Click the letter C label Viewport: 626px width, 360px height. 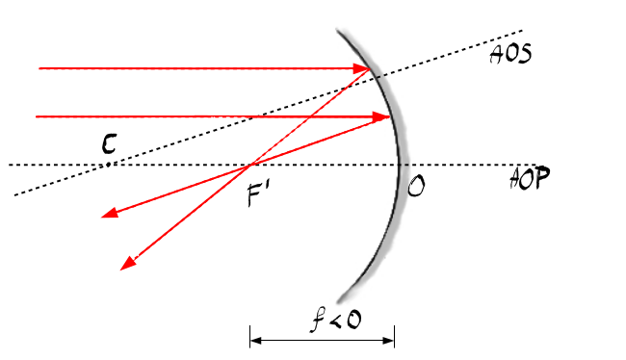[x=109, y=144]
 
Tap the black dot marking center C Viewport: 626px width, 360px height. [x=108, y=164]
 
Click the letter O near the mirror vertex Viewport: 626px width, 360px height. [x=416, y=187]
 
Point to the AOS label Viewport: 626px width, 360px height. [x=510, y=54]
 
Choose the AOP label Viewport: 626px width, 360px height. [x=530, y=178]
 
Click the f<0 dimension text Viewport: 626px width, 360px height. [x=336, y=319]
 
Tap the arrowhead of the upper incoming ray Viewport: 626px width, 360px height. [x=362, y=68]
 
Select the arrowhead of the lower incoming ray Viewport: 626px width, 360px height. [x=380, y=116]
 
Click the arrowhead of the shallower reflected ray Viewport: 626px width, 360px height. [x=110, y=213]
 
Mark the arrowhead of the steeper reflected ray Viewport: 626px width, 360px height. [x=128, y=264]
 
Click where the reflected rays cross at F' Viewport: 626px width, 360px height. [x=250, y=164]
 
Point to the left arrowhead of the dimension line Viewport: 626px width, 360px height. [x=255, y=341]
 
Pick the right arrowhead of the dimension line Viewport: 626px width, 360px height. [x=389, y=341]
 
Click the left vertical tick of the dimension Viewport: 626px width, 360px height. [x=250, y=337]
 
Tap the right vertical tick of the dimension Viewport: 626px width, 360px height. [x=395, y=337]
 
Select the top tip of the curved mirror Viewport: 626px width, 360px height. [x=338, y=30]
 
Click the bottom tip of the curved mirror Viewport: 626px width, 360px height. [x=339, y=300]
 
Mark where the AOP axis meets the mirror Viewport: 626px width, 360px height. [x=400, y=164]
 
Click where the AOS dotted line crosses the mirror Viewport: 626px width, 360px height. [x=378, y=77]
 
